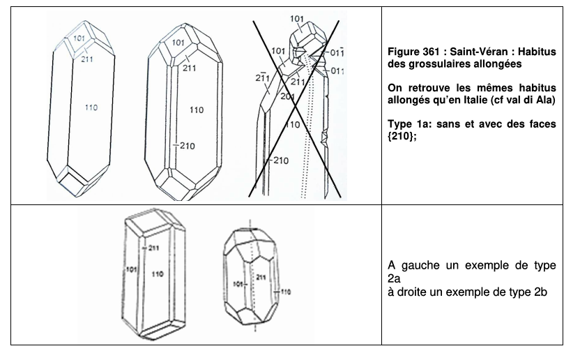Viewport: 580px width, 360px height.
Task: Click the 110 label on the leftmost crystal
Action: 91,107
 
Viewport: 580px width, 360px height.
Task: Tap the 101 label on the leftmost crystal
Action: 79,38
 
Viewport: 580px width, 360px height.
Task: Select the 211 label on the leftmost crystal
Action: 87,59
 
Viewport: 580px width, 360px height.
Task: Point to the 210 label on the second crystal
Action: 188,146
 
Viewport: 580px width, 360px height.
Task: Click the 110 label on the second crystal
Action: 197,110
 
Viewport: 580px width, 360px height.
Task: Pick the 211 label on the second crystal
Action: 189,68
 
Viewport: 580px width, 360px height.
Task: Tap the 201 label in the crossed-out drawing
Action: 287,97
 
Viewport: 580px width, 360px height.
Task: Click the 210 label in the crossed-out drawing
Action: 281,160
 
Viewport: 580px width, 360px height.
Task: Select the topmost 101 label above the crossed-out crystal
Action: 297,19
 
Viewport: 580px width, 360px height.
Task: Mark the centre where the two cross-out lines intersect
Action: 295,107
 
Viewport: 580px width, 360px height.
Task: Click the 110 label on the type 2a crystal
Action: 158,274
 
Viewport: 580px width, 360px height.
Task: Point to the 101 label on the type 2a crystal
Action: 131,269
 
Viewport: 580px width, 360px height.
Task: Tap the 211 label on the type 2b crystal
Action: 261,277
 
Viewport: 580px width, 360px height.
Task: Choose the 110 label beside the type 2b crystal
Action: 286,292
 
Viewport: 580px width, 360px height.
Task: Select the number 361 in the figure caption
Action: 430,52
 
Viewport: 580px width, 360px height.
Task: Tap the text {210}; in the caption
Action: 402,136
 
